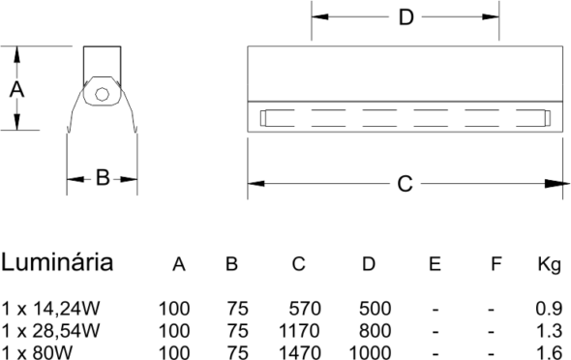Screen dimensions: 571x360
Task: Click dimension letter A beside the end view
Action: (x=16, y=90)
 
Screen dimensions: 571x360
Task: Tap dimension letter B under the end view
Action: (x=103, y=178)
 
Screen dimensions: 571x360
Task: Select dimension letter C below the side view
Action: (x=405, y=184)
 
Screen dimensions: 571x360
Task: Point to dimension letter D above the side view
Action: (x=406, y=17)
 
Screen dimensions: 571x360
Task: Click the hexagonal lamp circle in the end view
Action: (x=102, y=95)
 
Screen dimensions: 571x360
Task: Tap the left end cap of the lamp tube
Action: (x=263, y=118)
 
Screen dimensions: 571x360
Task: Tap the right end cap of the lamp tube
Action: (x=548, y=118)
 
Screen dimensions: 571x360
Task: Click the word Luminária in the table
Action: (x=57, y=262)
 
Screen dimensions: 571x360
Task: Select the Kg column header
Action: (x=549, y=264)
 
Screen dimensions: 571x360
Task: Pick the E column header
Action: (x=435, y=264)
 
